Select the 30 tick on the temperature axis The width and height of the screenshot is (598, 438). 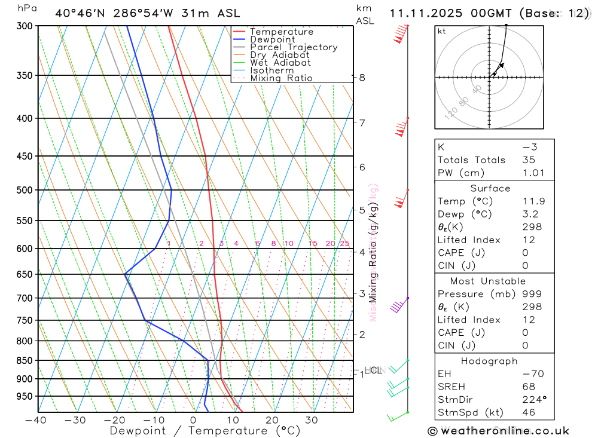(x=311, y=420)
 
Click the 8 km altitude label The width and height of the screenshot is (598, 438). (x=362, y=78)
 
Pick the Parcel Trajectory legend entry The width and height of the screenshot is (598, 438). (x=294, y=47)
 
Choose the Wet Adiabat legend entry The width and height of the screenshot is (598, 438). (x=280, y=63)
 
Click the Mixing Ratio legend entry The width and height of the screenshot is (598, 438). (x=281, y=78)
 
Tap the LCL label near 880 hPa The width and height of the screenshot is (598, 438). (x=373, y=370)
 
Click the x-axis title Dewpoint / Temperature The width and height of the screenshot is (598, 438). (x=196, y=430)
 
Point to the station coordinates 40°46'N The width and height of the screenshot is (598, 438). (x=80, y=13)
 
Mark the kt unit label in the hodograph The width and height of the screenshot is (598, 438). (x=442, y=31)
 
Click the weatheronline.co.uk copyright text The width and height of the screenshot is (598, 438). (x=498, y=431)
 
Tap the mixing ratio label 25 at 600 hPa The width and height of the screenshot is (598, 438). (x=344, y=243)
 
